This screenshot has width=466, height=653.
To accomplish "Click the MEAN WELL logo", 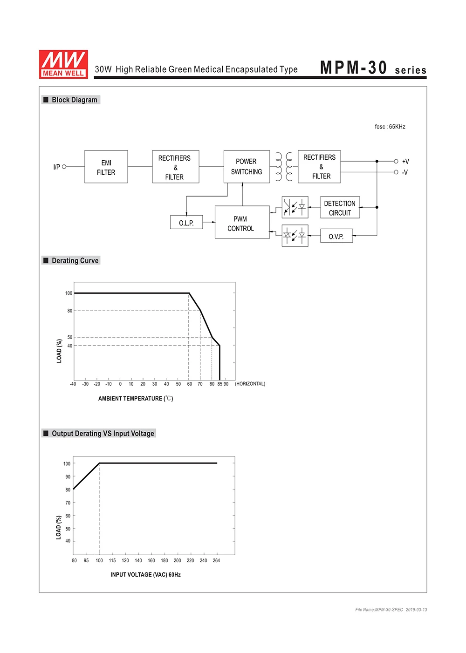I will [63, 64].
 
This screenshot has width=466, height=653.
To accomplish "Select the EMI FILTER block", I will [106, 167].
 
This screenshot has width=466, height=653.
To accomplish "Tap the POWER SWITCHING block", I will [247, 167].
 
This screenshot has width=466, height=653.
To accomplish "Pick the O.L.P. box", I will [186, 223].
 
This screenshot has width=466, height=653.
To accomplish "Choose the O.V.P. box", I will [336, 236].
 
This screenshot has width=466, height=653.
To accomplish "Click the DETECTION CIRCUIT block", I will [340, 208].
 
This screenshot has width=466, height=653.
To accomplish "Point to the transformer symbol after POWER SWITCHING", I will [284, 167].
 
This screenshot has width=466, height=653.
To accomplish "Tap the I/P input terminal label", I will [56, 167].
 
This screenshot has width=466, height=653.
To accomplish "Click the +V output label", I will [405, 162].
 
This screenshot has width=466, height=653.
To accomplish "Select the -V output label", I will [405, 172].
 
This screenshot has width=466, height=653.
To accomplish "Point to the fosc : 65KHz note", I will [390, 127].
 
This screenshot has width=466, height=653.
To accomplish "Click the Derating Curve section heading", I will [75, 261].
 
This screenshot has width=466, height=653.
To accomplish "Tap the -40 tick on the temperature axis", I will [73, 384].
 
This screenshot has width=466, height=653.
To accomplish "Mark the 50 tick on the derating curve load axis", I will [70, 337].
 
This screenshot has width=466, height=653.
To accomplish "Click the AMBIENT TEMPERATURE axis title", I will [136, 399].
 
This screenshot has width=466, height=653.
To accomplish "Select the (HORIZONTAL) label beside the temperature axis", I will [250, 384].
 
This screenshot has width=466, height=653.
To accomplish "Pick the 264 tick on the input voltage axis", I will [216, 560].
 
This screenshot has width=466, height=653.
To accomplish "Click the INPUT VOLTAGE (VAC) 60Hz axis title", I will [145, 575].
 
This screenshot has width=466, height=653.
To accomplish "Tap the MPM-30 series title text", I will [373, 68].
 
